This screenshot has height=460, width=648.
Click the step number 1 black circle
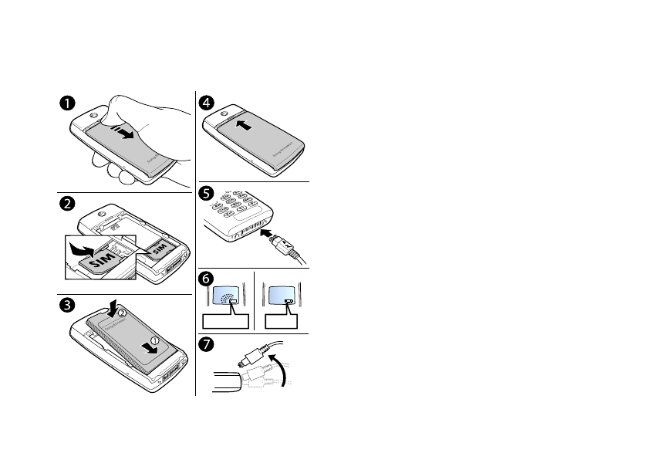click(69, 103)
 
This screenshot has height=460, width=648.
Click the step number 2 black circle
click(69, 204)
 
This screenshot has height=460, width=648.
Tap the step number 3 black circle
click(69, 305)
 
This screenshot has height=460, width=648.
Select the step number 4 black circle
click(207, 103)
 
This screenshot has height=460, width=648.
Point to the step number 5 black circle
click(207, 192)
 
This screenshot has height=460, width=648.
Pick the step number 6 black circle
click(207, 279)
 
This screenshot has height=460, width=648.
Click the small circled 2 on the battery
click(122, 313)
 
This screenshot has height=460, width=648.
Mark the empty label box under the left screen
click(224, 322)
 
